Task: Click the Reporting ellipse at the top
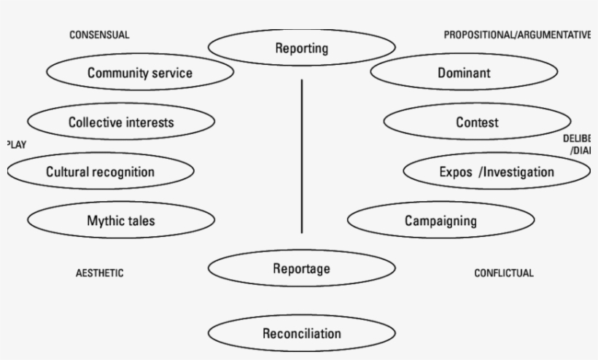click(x=301, y=49)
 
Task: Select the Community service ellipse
click(x=140, y=72)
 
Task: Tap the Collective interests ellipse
click(x=121, y=122)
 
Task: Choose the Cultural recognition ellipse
click(x=101, y=172)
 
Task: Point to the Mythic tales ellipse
click(x=121, y=220)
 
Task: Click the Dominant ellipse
click(x=464, y=72)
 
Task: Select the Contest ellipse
click(x=477, y=122)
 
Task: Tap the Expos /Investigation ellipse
click(x=496, y=172)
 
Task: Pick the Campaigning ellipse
click(x=440, y=220)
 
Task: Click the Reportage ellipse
click(x=301, y=268)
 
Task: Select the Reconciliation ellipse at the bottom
click(x=301, y=334)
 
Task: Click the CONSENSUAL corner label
click(x=99, y=35)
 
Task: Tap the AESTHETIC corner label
click(x=100, y=273)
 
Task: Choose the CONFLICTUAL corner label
click(x=504, y=273)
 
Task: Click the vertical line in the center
click(x=301, y=157)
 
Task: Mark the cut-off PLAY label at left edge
click(x=16, y=144)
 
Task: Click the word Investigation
click(x=519, y=172)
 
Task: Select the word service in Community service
click(x=169, y=72)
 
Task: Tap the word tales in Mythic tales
click(x=139, y=220)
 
